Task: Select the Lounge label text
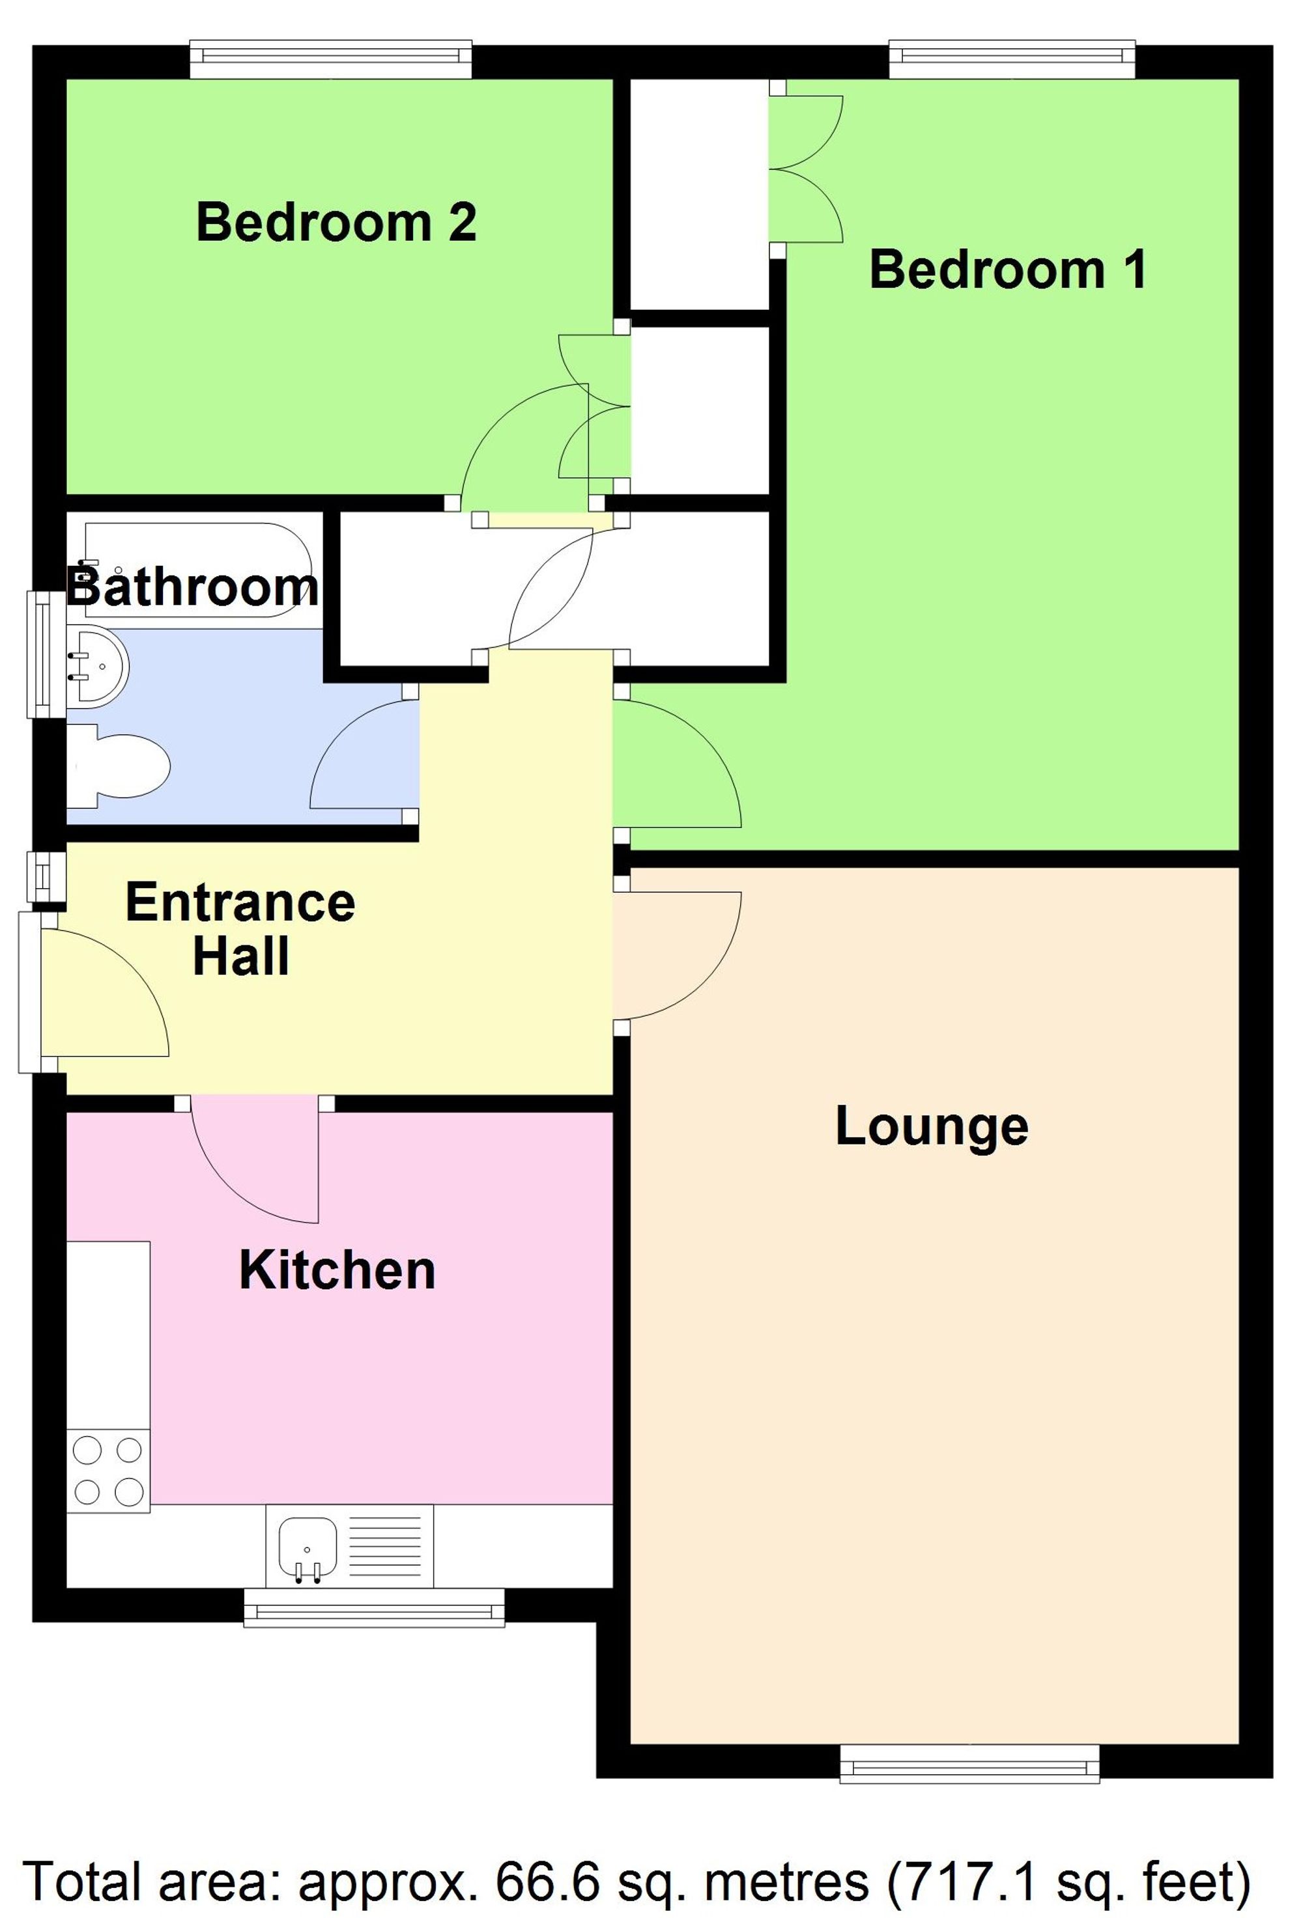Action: (932, 1126)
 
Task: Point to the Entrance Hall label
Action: (240, 928)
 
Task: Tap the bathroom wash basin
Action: (98, 664)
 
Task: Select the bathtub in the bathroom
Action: (198, 570)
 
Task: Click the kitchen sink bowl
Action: (307, 1546)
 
